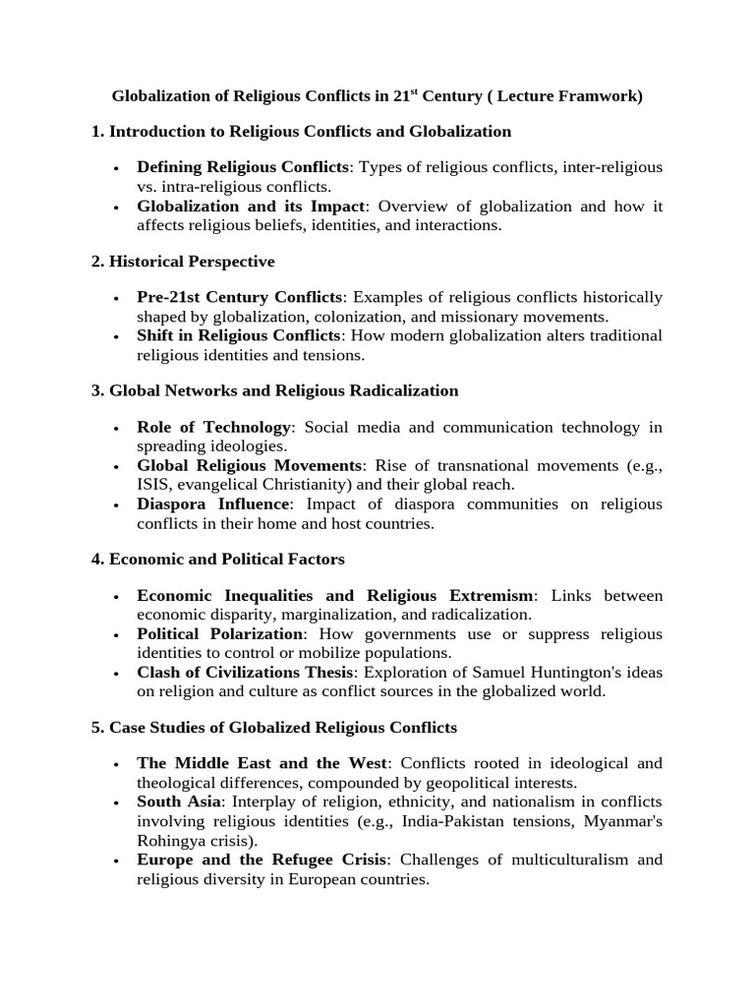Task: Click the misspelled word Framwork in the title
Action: pos(601,97)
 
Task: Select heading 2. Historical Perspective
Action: pos(183,262)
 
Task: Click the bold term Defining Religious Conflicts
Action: pos(243,167)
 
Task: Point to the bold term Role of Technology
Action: pos(214,427)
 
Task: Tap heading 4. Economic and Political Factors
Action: pos(217,560)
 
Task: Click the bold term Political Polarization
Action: pos(220,634)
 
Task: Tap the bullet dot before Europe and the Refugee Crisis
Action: pos(117,861)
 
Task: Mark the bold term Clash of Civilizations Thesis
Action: pos(244,673)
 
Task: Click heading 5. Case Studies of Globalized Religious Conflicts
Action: pos(274,728)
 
